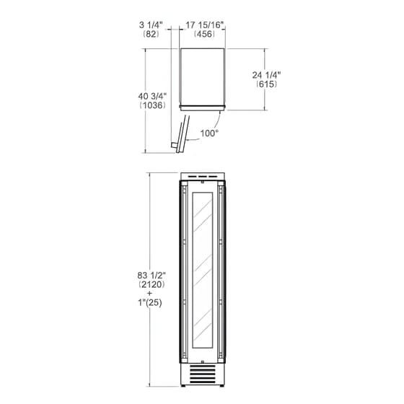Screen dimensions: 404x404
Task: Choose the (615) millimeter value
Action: (266, 84)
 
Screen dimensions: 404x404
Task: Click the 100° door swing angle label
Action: (209, 133)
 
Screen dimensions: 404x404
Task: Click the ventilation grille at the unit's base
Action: (203, 375)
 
